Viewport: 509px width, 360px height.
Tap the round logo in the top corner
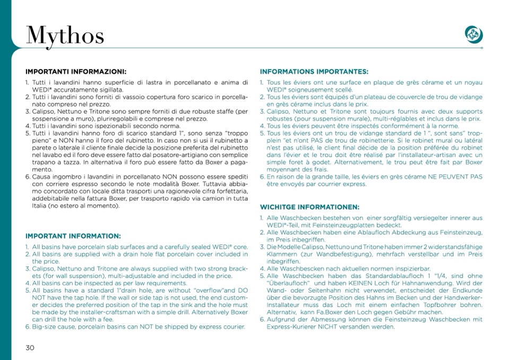tap(473, 34)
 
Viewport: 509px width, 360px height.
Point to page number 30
tap(30, 348)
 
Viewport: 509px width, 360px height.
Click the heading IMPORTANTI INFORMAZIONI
tap(76, 71)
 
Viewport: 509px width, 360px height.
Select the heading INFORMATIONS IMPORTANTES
tap(314, 71)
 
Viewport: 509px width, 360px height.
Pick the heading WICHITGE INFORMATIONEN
tap(309, 207)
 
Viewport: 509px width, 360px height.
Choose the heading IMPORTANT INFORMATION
tap(73, 236)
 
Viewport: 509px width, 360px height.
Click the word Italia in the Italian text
tap(39, 205)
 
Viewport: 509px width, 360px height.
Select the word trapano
tap(45, 161)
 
